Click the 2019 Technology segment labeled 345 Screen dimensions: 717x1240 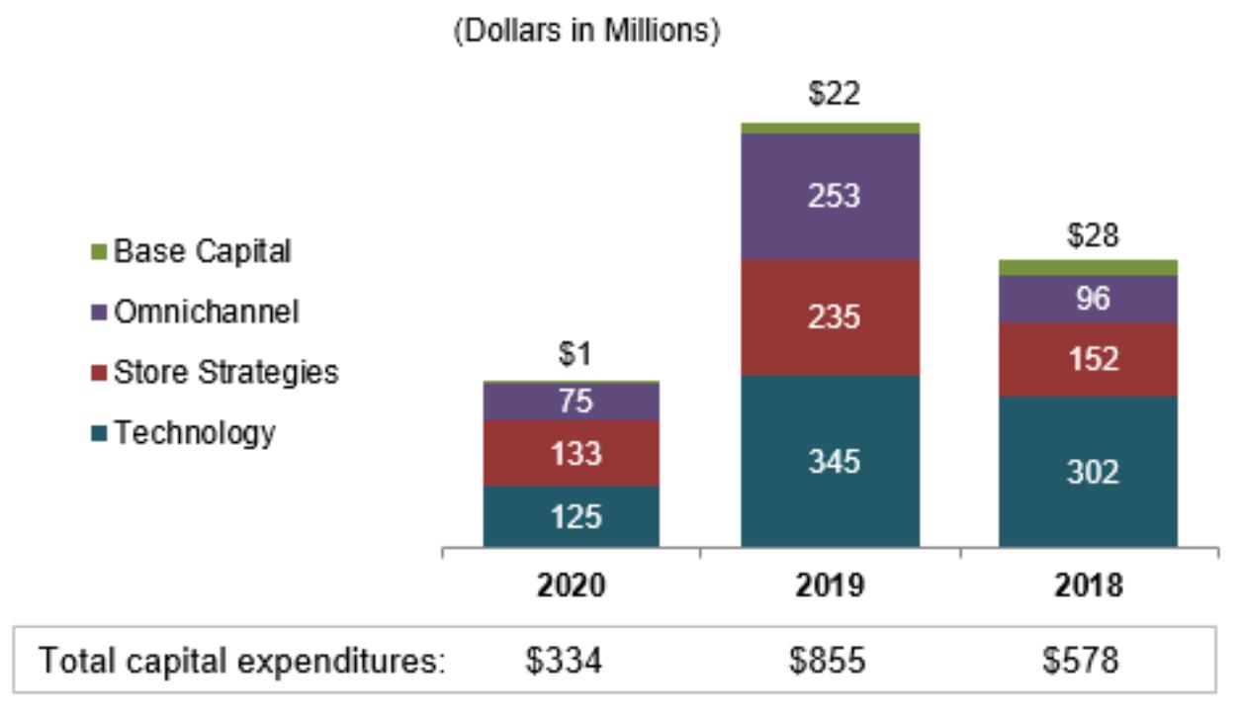[x=830, y=461]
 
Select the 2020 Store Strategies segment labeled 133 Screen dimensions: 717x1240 [x=571, y=453]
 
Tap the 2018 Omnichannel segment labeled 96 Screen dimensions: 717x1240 [x=1088, y=299]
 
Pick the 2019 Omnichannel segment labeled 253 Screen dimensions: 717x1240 [x=830, y=196]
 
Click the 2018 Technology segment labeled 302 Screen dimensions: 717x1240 [x=1088, y=471]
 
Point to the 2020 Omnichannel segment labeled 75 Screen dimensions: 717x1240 [x=571, y=402]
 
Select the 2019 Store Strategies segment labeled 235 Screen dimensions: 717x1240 [x=830, y=317]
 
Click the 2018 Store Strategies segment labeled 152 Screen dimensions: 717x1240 [x=1088, y=359]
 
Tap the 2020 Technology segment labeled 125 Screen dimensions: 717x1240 [x=571, y=515]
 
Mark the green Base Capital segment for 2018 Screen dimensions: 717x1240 [x=1088, y=267]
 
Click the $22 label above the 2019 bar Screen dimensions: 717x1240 [x=834, y=94]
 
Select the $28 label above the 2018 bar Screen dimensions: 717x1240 [x=1092, y=235]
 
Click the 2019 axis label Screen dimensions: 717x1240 [x=830, y=585]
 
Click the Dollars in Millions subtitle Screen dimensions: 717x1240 [x=586, y=32]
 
